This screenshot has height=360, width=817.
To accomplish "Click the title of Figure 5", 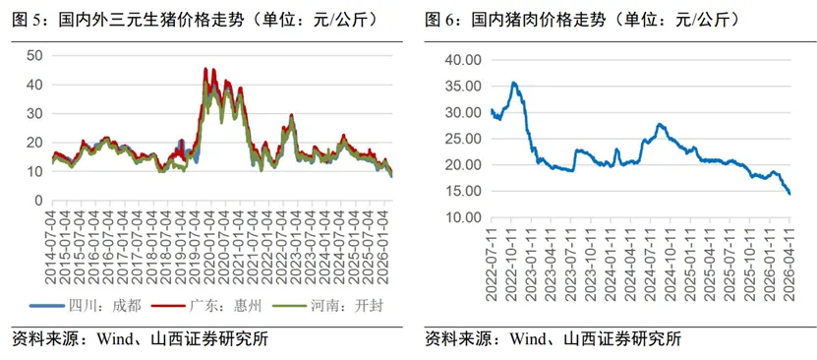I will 196,19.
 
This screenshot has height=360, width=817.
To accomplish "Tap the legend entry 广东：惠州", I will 213,306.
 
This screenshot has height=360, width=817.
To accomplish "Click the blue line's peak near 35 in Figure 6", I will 512,83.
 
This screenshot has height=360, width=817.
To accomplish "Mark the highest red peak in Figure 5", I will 204,68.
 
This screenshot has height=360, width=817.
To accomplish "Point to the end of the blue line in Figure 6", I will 789,194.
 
